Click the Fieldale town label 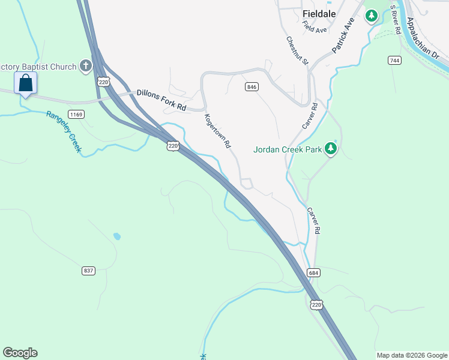point(319,13)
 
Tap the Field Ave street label point(315,26)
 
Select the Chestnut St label point(297,51)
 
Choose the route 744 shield point(394,60)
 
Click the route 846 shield point(252,87)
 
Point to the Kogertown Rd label point(217,131)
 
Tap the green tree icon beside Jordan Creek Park point(330,149)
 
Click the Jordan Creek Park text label point(287,149)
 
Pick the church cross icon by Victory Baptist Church point(86,66)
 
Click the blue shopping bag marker point(26,83)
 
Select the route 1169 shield point(76,114)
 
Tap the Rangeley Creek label point(63,131)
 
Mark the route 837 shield point(88,271)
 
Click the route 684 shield point(314,272)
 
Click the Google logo point(20,353)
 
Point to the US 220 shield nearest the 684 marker point(316,305)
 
